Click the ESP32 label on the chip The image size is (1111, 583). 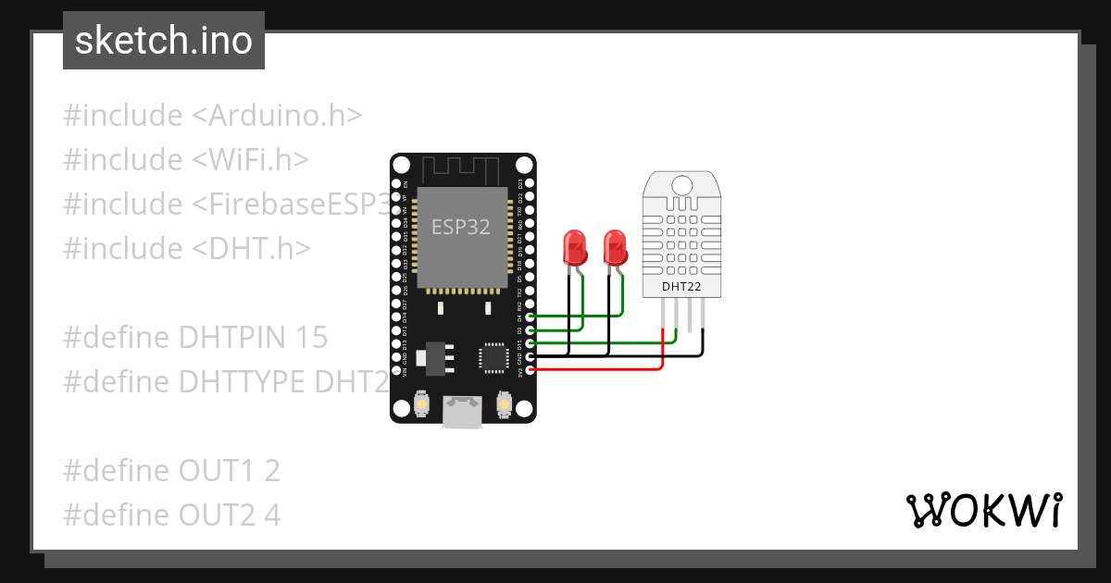tap(461, 227)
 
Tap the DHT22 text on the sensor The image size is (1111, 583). tap(680, 288)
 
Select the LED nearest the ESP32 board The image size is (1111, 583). tap(575, 248)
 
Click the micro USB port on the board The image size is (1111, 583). tap(461, 411)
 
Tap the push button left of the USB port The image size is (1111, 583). tap(422, 404)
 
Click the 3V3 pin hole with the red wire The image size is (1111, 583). tap(531, 370)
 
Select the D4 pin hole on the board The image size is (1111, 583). tap(531, 316)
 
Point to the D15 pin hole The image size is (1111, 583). tap(531, 343)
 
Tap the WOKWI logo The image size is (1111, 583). tap(983, 510)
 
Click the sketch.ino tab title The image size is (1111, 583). tap(164, 42)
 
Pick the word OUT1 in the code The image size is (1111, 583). tap(216, 471)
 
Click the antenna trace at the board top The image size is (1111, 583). tap(461, 170)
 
